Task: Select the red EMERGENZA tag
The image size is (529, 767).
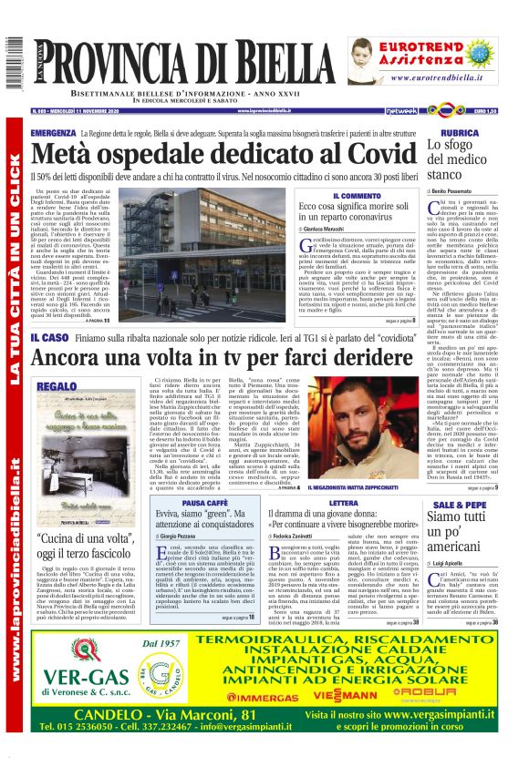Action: click(53, 133)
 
